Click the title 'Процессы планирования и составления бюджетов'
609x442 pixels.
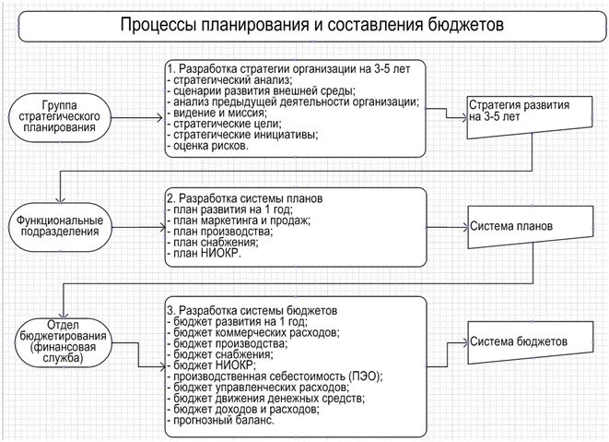312,25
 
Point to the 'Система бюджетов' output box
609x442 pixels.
519,342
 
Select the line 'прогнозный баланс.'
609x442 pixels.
223,421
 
